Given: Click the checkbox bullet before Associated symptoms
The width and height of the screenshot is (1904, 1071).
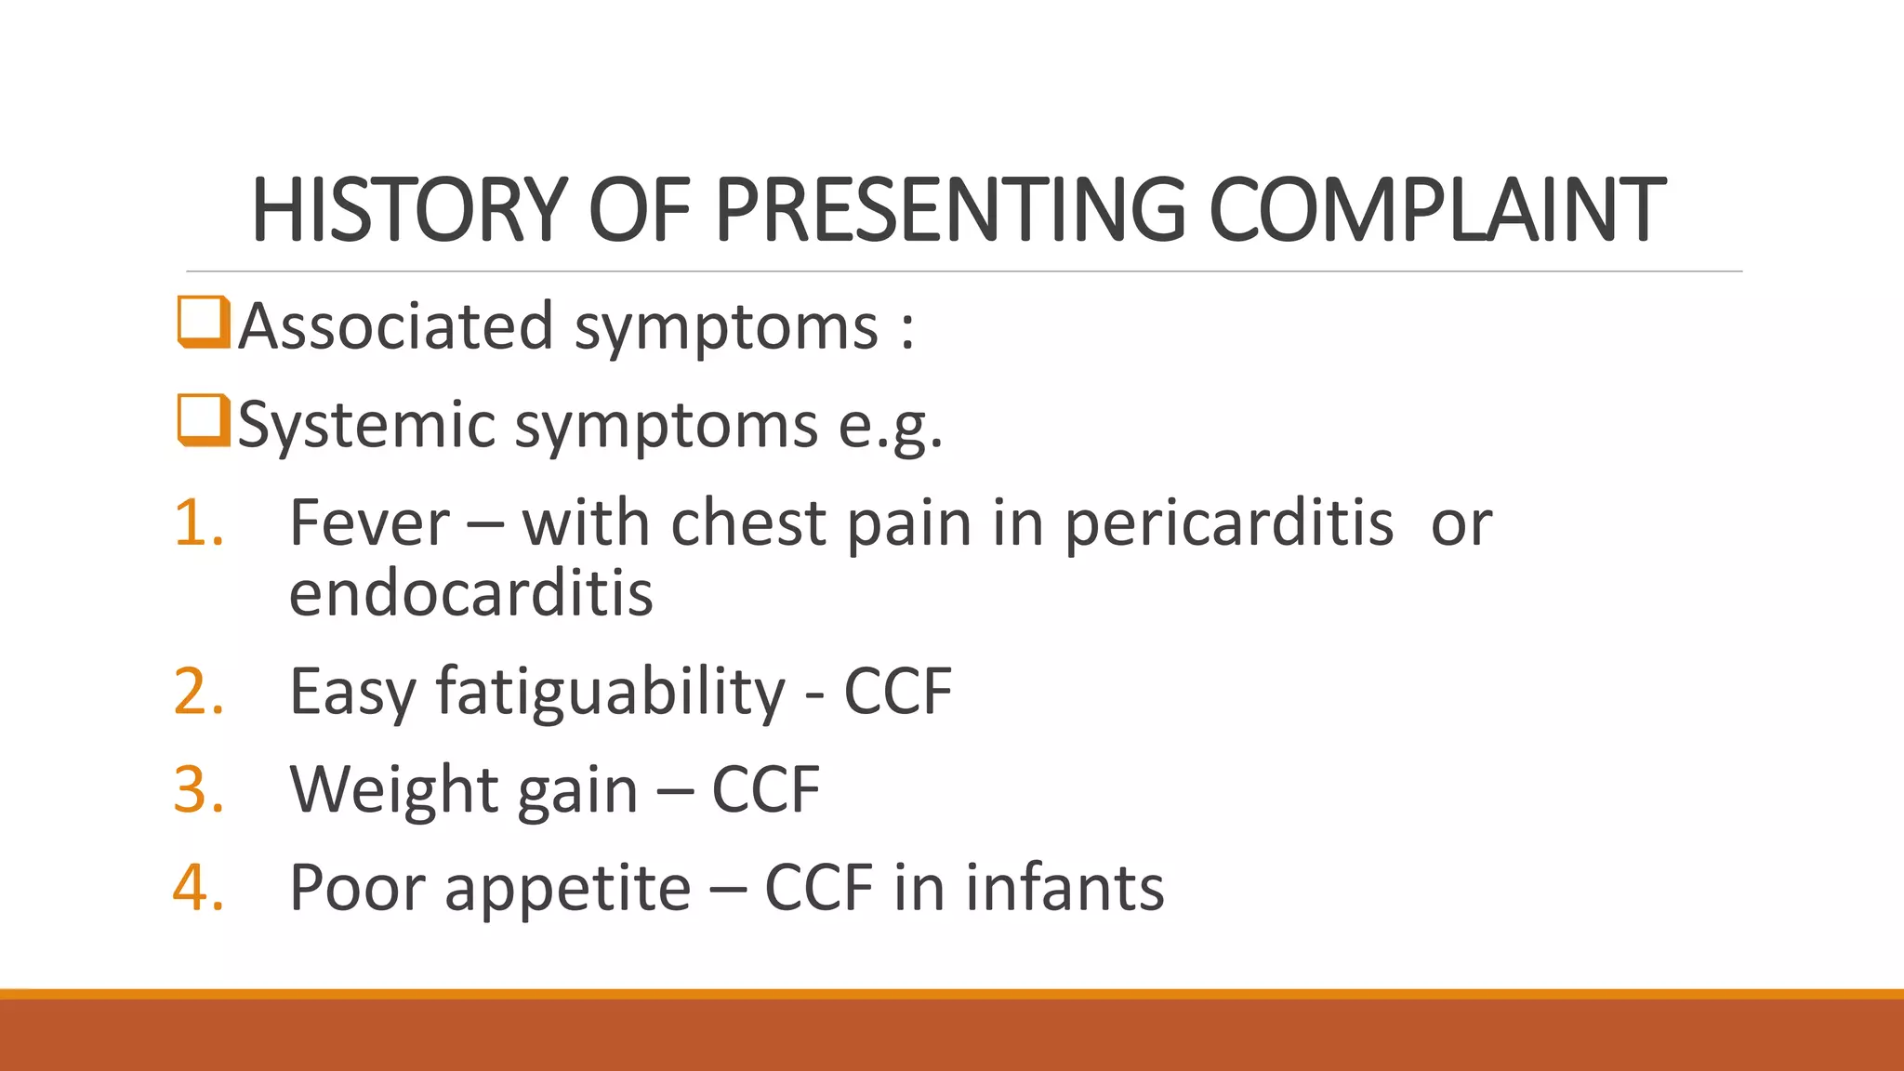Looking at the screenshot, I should tap(203, 322).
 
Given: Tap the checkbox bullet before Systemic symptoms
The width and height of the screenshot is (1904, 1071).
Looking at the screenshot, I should tap(203, 420).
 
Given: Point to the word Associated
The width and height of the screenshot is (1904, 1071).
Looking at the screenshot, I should tap(396, 326).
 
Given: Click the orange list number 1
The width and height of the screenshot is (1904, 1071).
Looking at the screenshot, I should tap(198, 522).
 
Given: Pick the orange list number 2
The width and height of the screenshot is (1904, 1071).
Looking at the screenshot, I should tap(198, 692).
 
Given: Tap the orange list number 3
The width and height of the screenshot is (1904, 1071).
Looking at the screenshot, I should tap(198, 789).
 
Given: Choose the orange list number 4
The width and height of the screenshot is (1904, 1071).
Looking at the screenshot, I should tap(198, 887).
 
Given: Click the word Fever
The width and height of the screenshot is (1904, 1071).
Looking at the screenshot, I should tap(370, 522).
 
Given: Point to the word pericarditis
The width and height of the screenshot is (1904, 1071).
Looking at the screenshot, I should tap(1228, 524).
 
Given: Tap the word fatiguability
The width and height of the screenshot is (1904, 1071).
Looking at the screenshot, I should tap(611, 694).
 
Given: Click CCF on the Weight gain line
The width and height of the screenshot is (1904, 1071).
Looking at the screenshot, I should tap(765, 790).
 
